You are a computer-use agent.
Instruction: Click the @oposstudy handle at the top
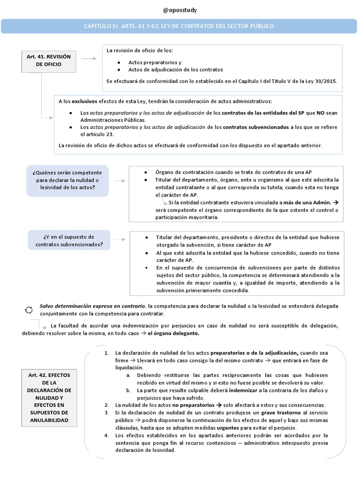click(x=180, y=10)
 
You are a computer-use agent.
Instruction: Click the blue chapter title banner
click(x=180, y=26)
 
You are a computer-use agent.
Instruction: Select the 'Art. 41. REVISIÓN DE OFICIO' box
click(x=49, y=60)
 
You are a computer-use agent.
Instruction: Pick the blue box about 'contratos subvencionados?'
click(x=69, y=240)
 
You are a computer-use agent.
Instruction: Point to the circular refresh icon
click(x=29, y=310)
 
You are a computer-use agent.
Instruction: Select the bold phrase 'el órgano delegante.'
click(x=173, y=333)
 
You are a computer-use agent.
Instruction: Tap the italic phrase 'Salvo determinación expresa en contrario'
click(x=92, y=306)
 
